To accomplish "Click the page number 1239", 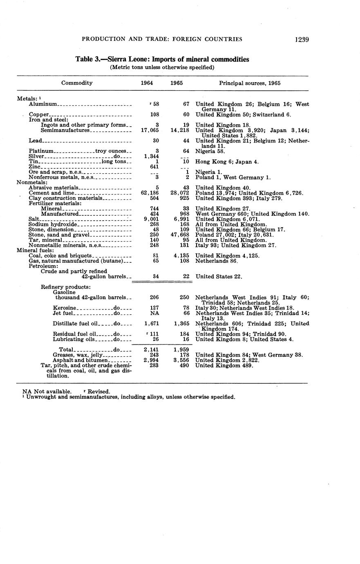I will [x=301, y=39].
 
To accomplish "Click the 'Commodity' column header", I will [x=77, y=83].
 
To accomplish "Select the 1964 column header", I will [x=147, y=83].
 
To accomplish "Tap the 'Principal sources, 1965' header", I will [x=250, y=83].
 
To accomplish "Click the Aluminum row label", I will [x=45, y=105].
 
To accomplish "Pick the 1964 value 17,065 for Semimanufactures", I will [x=150, y=130].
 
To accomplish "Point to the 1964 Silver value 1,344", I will [x=151, y=157].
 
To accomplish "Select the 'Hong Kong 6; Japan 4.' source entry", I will [x=227, y=162].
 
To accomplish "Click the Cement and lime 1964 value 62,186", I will [x=150, y=193].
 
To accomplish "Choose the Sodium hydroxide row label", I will [x=52, y=224].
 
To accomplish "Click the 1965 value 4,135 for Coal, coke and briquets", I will [x=180, y=256].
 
